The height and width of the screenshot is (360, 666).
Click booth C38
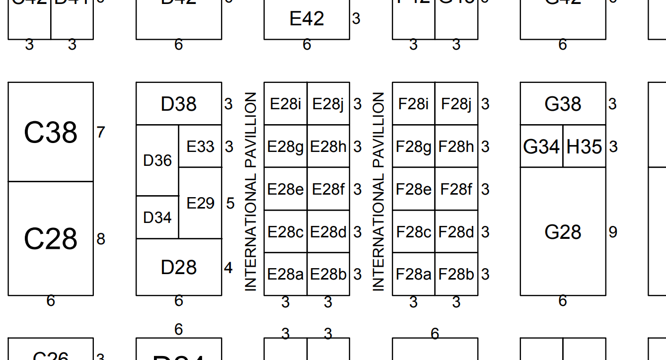51,132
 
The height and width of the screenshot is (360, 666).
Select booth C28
51,239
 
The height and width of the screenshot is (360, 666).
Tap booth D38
179,104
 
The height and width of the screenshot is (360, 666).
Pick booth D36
157,160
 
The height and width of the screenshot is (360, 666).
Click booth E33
200,146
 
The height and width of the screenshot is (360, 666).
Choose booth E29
200,203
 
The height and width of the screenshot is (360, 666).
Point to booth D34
157,217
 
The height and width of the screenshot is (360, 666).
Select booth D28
179,267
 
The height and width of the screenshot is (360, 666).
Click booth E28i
286,104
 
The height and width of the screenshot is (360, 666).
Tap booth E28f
328,189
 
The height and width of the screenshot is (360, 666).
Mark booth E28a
286,274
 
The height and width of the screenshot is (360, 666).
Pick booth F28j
456,104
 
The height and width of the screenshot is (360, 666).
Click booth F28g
414,146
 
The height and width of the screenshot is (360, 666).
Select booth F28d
456,232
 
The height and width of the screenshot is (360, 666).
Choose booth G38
563,104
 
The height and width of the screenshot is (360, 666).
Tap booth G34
541,146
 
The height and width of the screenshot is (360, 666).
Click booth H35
584,146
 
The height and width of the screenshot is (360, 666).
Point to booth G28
563,232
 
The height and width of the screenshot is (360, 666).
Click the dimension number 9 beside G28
613,232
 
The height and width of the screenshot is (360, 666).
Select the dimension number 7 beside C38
101,133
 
